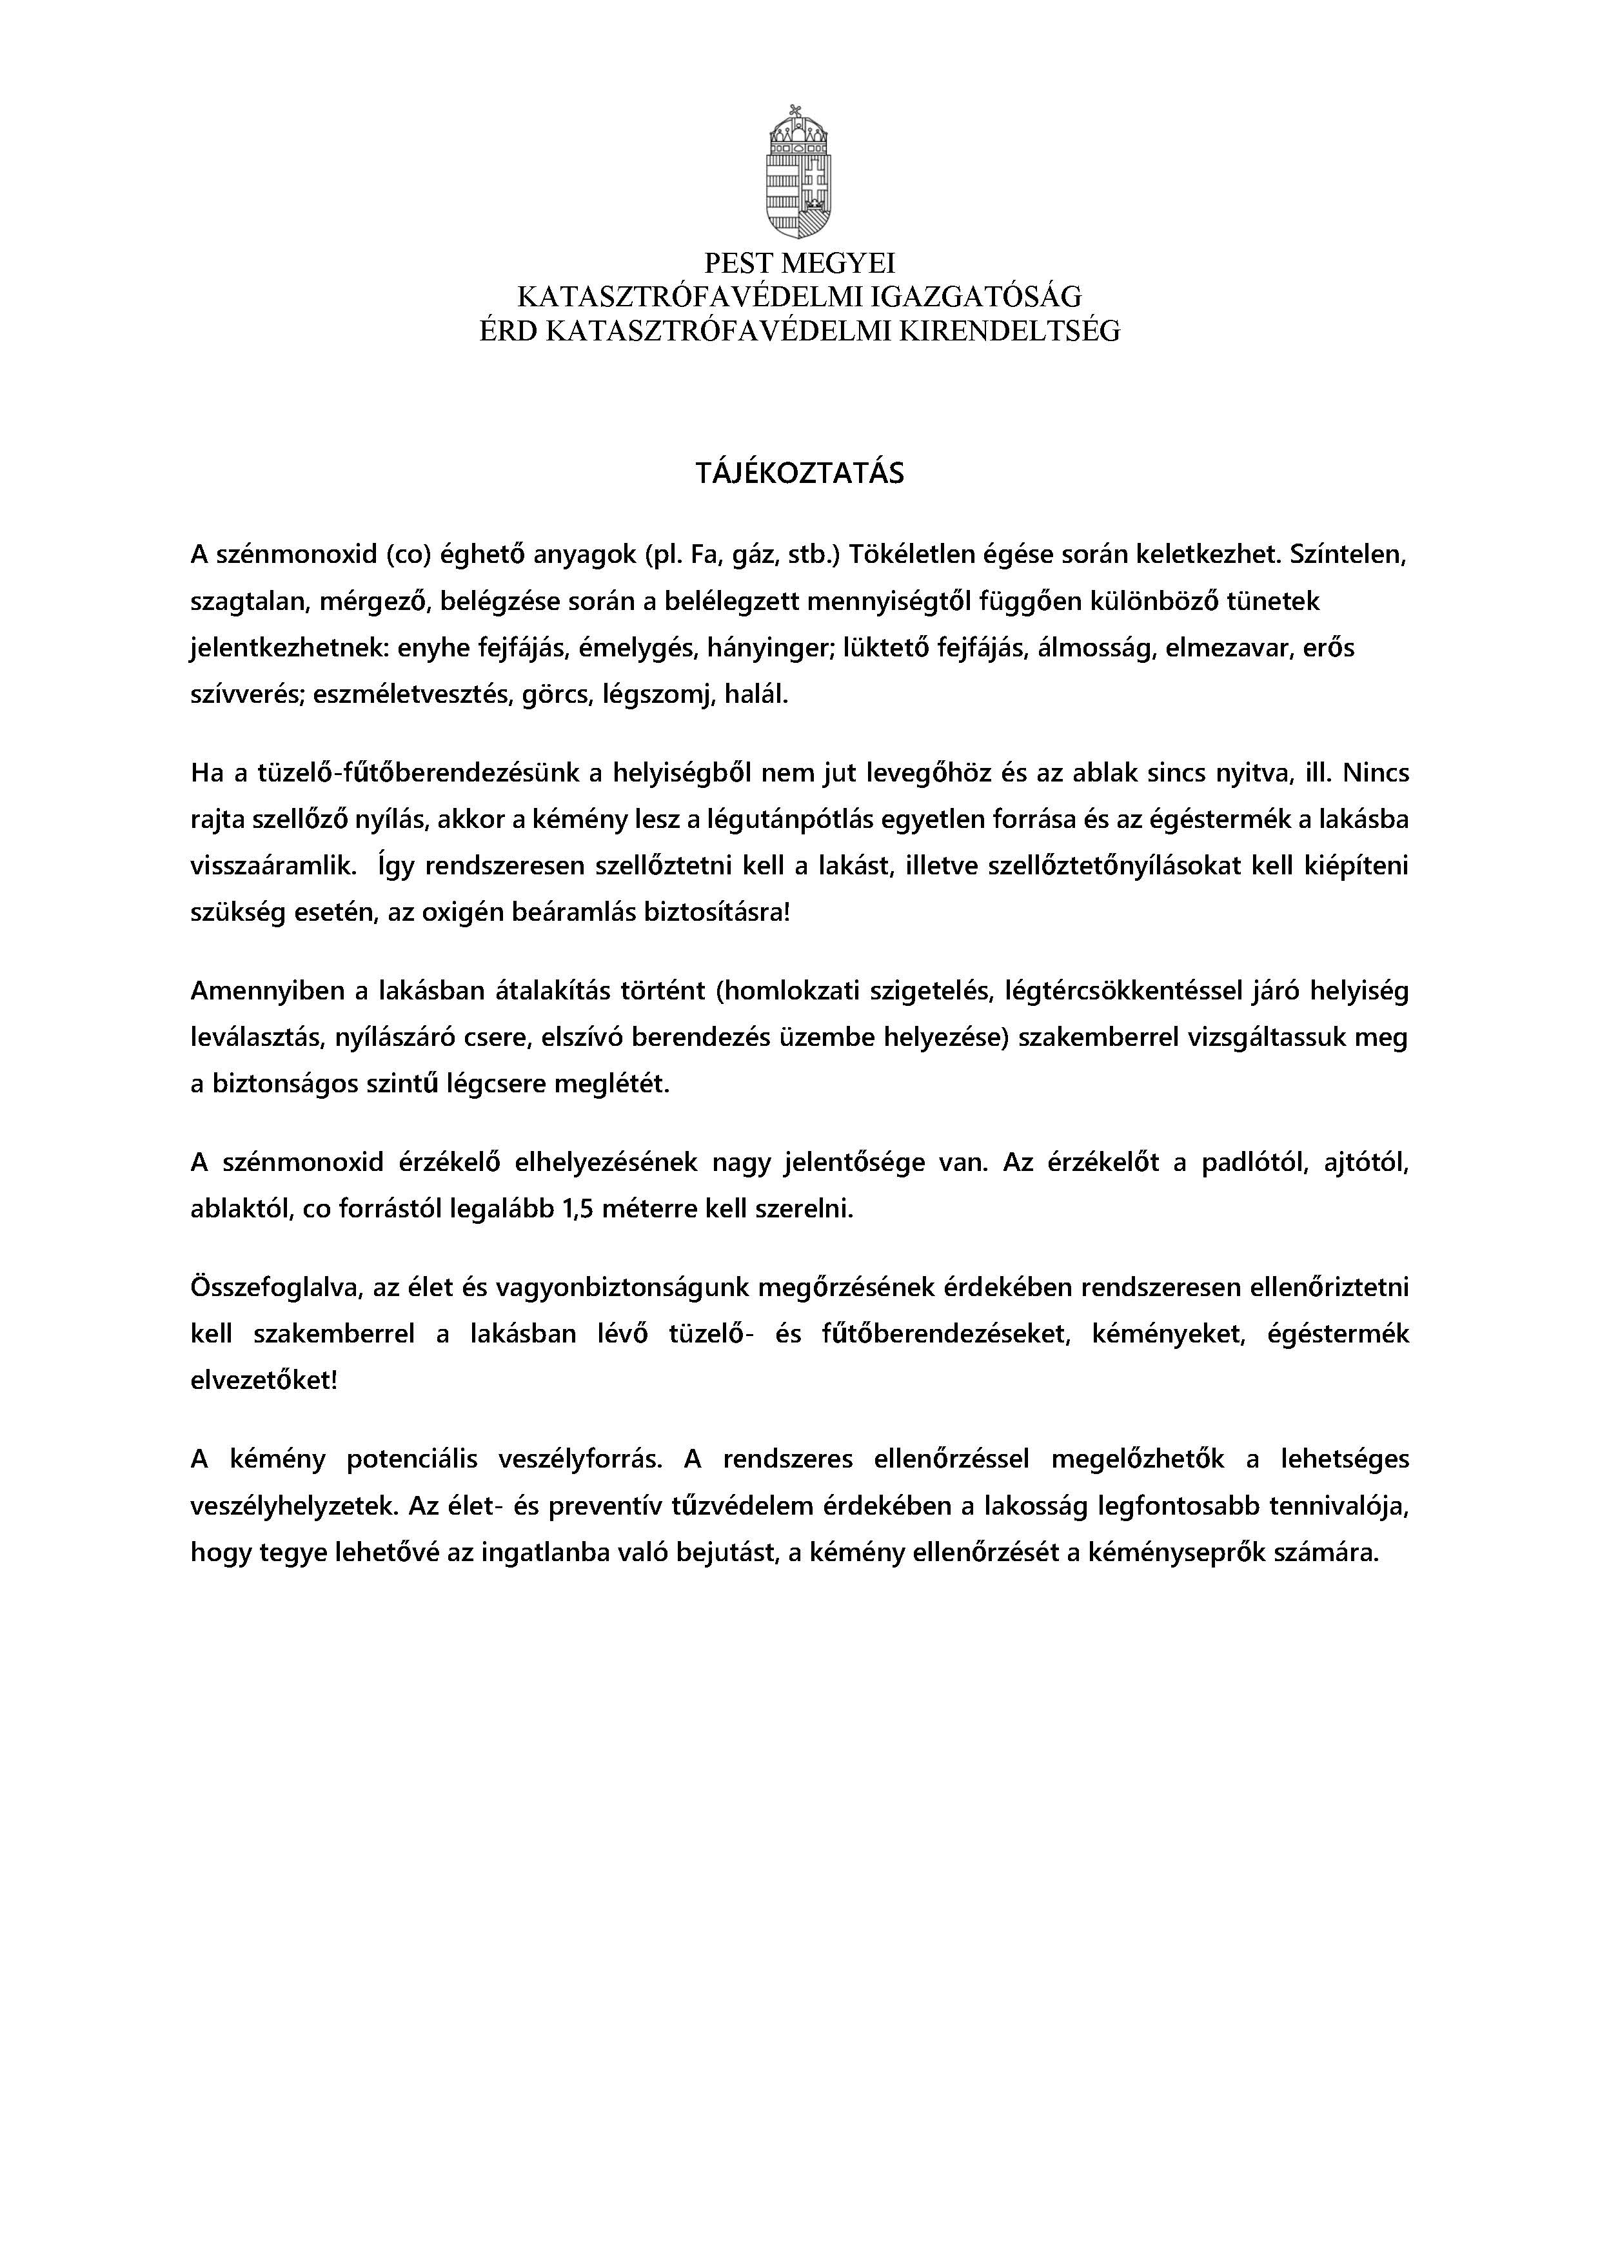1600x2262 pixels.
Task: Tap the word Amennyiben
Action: (x=257, y=990)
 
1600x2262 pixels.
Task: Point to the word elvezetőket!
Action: (x=263, y=1381)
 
